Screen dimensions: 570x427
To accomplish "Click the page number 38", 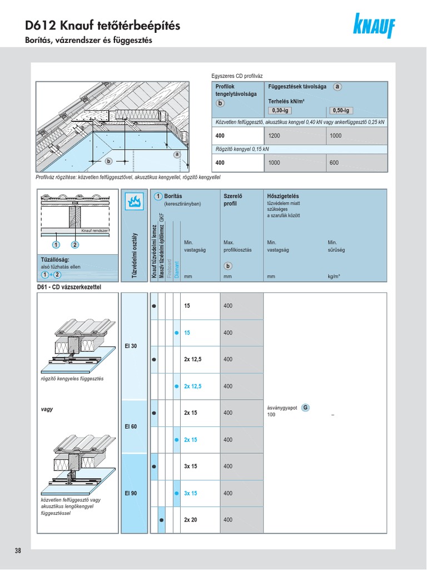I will pos(18,551).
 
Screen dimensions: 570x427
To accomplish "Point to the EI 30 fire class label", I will pos(131,346).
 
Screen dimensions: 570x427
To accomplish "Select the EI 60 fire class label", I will pos(131,426).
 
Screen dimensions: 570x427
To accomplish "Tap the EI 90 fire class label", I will pos(131,493).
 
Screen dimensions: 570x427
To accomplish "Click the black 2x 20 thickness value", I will pos(190,520).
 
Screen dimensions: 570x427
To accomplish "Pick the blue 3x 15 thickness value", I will pos(190,493).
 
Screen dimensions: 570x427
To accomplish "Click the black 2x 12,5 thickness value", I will pos(192,360).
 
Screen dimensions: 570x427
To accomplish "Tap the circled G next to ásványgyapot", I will pos(305,408).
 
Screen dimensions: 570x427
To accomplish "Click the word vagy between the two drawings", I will pos(47,409).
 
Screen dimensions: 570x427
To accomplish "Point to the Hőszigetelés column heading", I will pos(283,196).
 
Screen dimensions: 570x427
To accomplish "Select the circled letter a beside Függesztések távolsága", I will pos(337,87).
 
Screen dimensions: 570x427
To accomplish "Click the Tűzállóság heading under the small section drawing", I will pos(55,259).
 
